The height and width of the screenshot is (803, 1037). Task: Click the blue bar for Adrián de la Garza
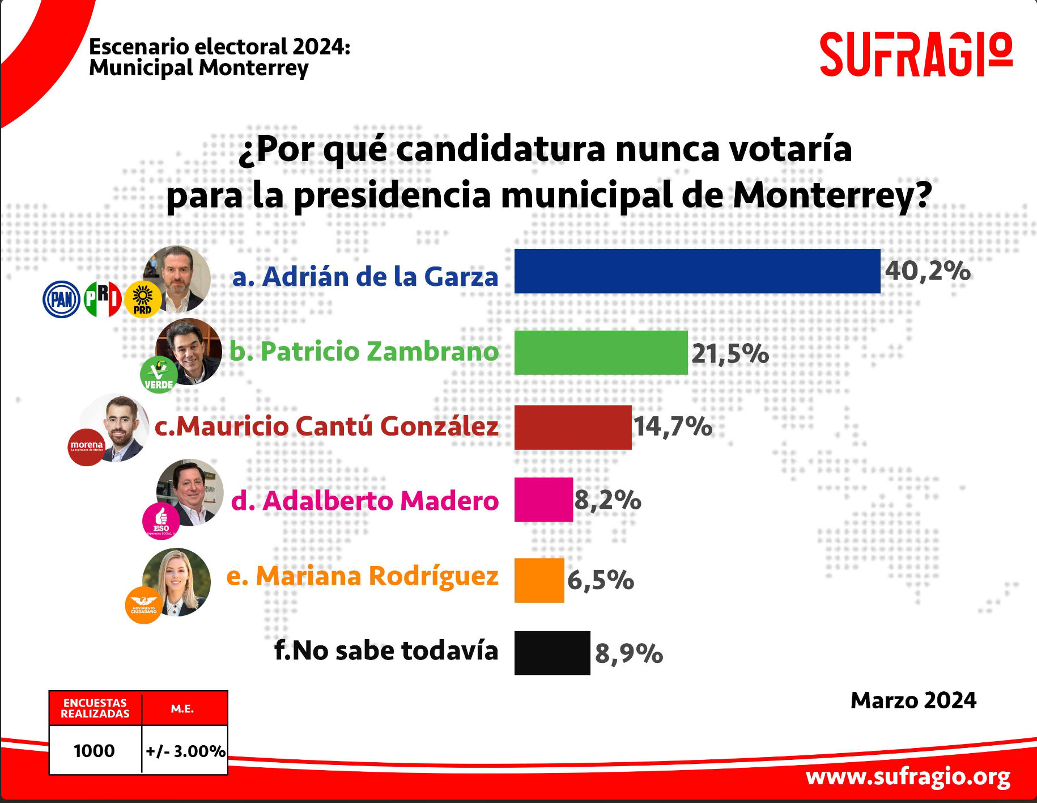point(697,271)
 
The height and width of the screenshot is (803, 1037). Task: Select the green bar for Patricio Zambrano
point(601,352)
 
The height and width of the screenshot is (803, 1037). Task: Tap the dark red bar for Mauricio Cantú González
point(572,427)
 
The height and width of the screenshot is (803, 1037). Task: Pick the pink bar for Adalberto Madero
point(543,500)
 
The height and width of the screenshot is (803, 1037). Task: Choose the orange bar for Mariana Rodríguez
point(539,580)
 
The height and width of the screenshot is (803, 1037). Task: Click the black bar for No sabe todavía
point(552,653)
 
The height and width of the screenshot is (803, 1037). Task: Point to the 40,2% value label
point(928,271)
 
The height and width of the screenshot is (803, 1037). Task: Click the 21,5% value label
point(730,354)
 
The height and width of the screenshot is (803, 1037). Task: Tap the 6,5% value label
point(600,580)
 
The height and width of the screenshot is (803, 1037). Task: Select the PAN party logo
point(61,299)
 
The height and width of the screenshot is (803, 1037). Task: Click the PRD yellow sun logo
point(142,299)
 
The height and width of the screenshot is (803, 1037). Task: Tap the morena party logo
point(87,447)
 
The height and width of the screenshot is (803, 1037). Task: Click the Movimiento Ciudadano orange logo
point(143,605)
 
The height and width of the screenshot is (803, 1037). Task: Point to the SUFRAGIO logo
point(916,54)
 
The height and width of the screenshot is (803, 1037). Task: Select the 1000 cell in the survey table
point(95,751)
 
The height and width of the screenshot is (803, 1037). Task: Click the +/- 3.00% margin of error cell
point(185,751)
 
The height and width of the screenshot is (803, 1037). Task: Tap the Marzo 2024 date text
point(913,700)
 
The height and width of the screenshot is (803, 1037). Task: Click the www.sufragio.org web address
point(908,776)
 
